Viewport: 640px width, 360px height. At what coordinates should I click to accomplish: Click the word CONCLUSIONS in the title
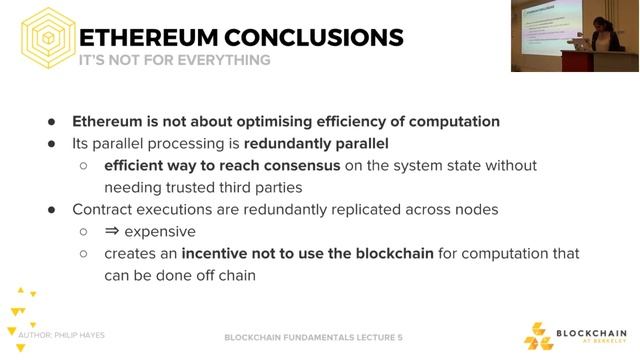[315, 38]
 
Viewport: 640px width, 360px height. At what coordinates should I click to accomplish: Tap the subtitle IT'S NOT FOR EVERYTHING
[174, 60]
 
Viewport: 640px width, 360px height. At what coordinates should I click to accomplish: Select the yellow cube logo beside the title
[46, 38]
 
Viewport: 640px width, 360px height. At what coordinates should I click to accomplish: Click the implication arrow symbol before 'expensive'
[113, 231]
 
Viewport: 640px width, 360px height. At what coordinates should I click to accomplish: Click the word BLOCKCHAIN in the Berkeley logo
[592, 333]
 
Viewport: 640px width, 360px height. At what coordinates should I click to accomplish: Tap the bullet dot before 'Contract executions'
[51, 209]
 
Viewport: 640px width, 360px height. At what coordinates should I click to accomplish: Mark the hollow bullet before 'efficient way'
[83, 165]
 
